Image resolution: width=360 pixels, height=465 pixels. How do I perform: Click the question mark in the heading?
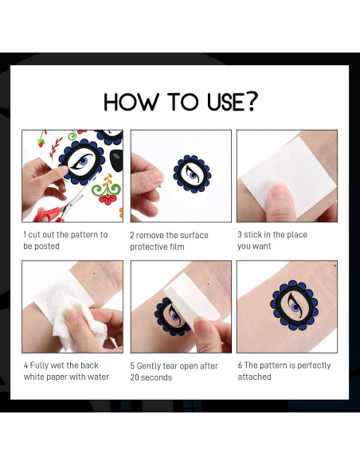point(252,102)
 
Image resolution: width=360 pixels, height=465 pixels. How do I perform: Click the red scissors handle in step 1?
point(48,215)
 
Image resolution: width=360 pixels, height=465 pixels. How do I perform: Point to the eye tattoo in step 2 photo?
point(192,174)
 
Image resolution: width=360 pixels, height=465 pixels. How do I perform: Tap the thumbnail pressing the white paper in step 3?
point(280,191)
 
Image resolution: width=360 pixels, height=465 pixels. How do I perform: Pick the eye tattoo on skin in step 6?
point(294,305)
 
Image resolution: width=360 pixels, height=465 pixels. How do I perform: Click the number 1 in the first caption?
point(25,235)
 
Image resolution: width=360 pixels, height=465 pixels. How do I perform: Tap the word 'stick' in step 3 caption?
point(252,235)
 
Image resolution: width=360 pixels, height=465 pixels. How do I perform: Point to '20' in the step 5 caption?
point(135,377)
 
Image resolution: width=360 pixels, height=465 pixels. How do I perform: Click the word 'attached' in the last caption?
point(254,377)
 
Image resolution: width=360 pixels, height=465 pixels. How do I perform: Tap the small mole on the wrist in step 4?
point(94,273)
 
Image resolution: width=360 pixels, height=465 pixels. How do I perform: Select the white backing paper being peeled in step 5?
point(193,304)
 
